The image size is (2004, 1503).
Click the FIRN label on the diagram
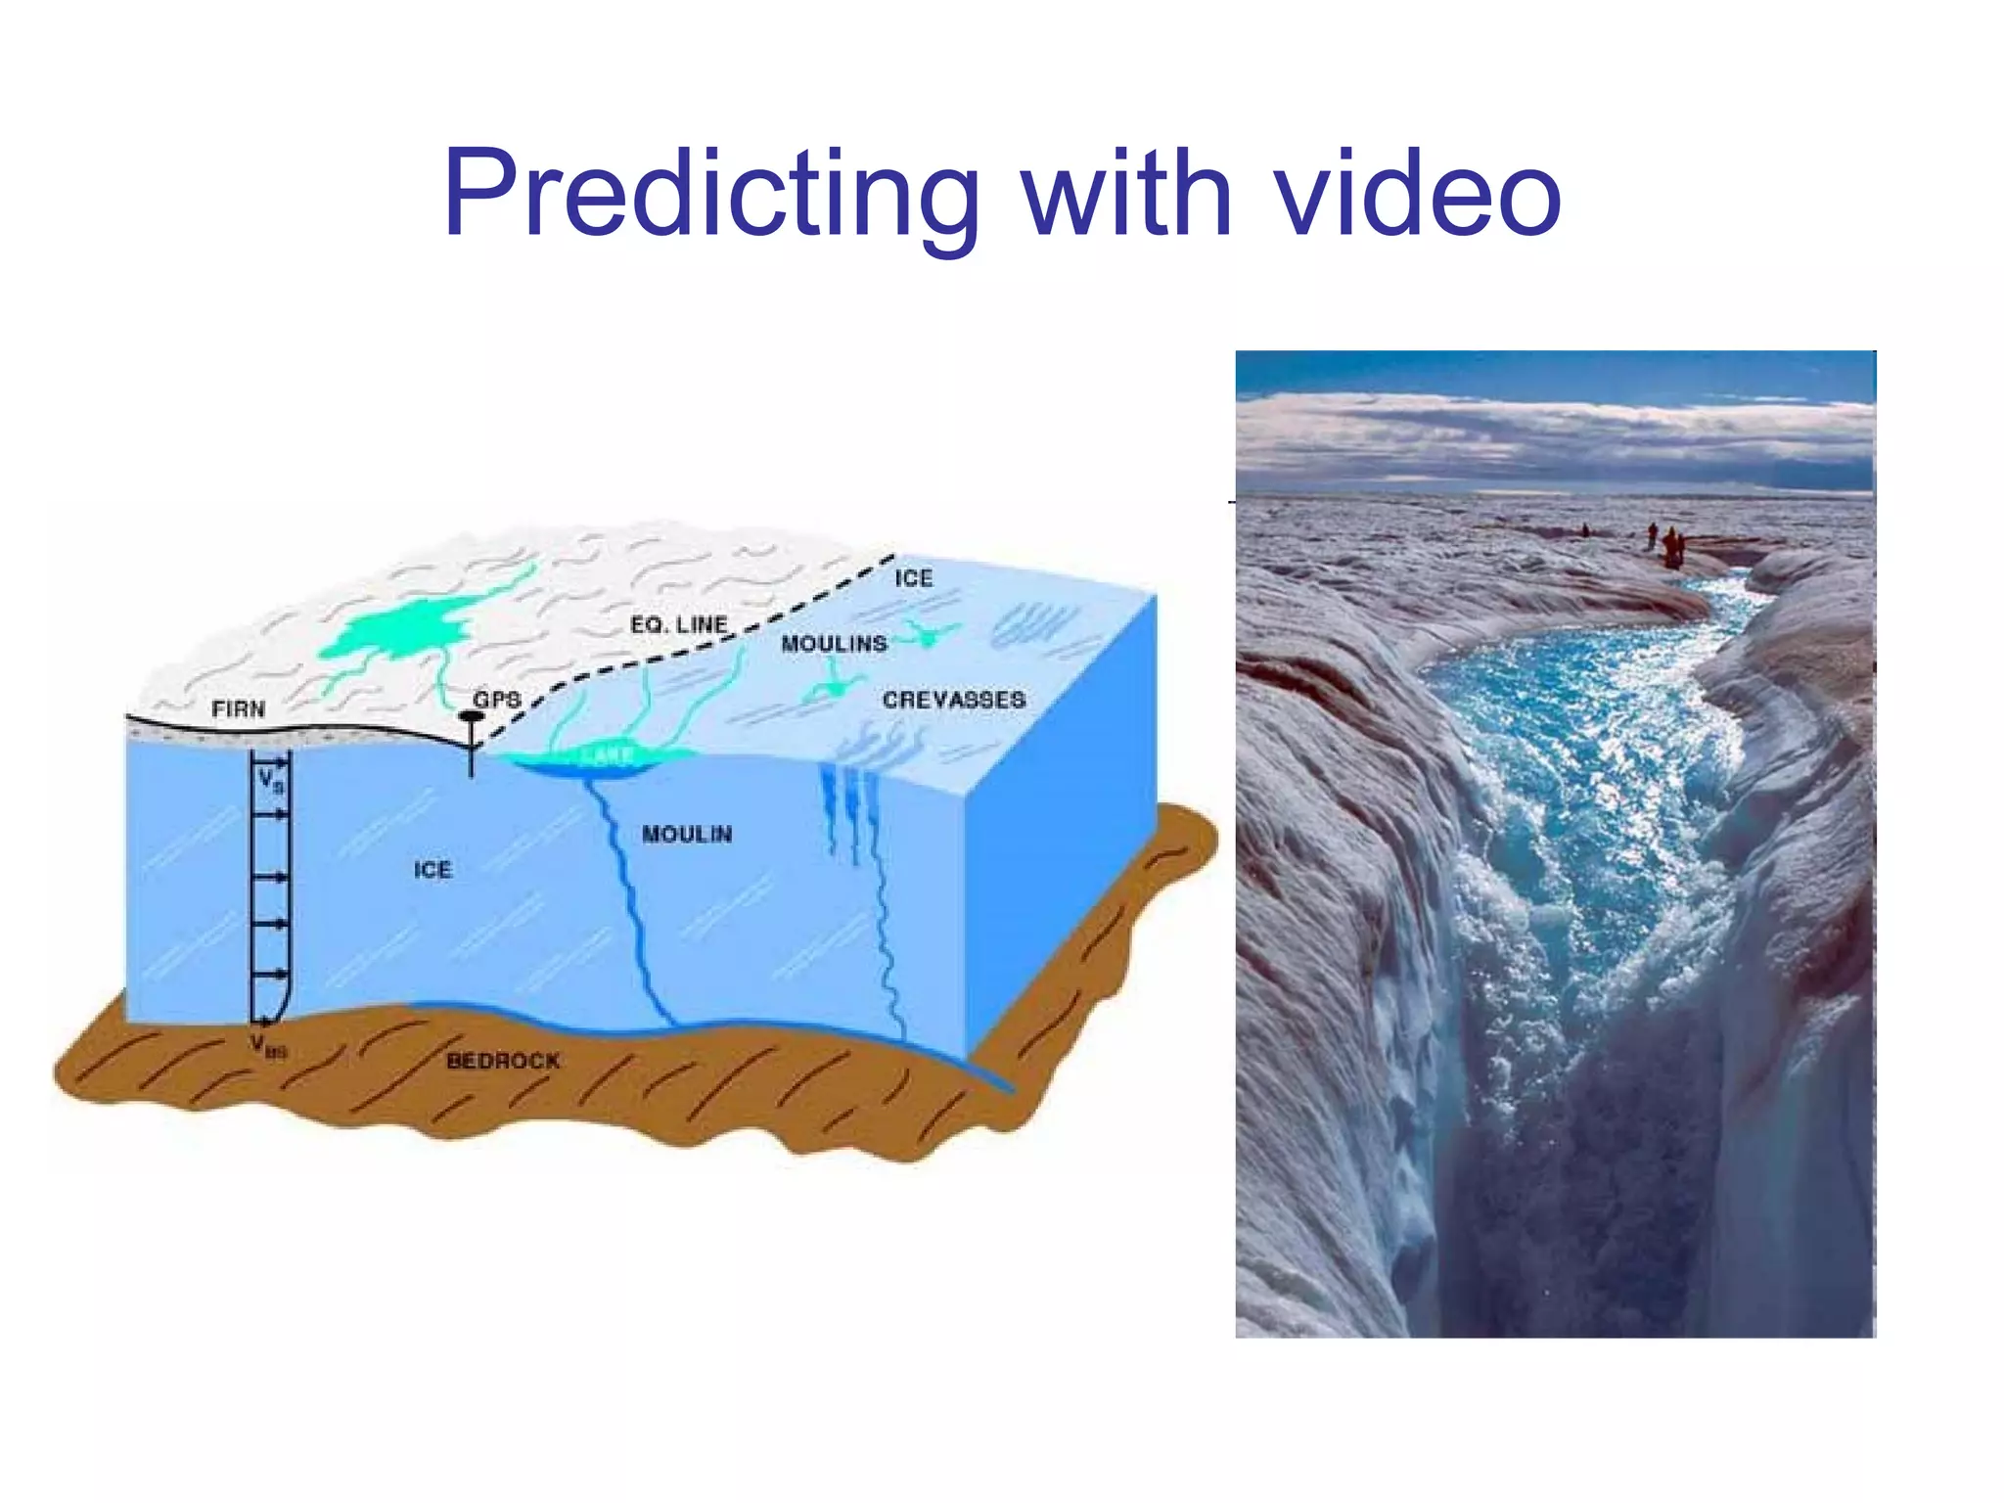point(238,708)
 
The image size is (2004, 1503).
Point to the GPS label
point(497,700)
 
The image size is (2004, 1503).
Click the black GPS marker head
point(472,716)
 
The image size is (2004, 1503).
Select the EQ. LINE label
point(678,624)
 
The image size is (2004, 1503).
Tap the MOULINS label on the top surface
point(834,644)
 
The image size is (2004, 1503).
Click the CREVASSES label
point(954,700)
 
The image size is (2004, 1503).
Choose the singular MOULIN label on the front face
point(687,834)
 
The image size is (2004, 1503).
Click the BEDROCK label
point(503,1061)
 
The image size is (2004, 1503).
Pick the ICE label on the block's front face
point(433,870)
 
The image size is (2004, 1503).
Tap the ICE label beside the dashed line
point(913,578)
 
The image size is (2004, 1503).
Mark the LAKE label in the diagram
point(607,755)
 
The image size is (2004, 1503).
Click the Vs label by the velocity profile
point(270,782)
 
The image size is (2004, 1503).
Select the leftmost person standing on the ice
point(1585,530)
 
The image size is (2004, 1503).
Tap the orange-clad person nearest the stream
point(1671,548)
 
